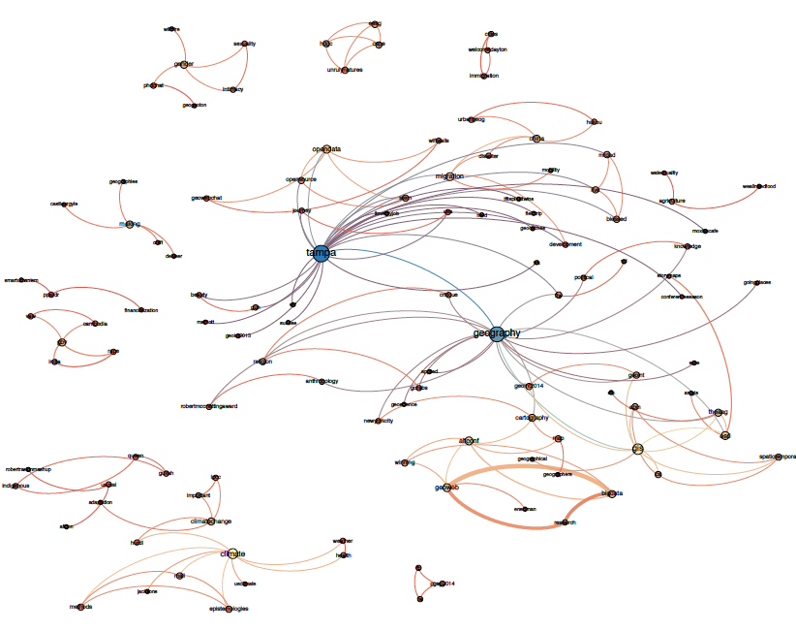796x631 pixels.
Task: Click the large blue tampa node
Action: pos(321,254)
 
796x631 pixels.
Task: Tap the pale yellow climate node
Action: pos(231,554)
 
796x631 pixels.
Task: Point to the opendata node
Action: pos(327,149)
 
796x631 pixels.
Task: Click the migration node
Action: pos(449,176)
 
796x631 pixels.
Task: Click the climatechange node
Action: pos(211,521)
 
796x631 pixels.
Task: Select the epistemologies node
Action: pos(230,609)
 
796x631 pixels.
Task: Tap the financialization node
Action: pos(139,310)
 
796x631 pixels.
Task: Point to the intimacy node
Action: pos(232,89)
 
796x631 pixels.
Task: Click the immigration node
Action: pos(484,76)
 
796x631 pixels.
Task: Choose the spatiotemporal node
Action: pos(778,456)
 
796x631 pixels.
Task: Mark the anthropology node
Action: pos(321,381)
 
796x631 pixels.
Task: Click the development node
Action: pos(566,244)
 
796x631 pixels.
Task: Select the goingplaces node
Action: pos(757,283)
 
